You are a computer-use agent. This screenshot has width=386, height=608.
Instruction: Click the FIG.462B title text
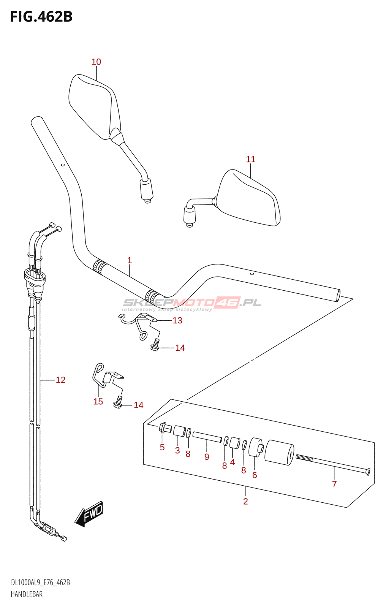pyautogui.click(x=41, y=17)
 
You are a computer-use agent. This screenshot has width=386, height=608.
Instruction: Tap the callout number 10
pyautogui.click(x=96, y=62)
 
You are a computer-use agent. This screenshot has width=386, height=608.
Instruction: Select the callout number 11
pyautogui.click(x=251, y=160)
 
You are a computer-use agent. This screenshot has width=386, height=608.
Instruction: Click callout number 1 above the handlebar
pyautogui.click(x=130, y=260)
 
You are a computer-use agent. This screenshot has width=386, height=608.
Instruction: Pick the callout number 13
pyautogui.click(x=177, y=320)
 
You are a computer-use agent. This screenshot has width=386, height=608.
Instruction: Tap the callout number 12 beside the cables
pyautogui.click(x=61, y=380)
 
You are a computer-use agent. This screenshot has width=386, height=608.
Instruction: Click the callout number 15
pyautogui.click(x=98, y=402)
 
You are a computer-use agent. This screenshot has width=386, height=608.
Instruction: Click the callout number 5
pyautogui.click(x=162, y=448)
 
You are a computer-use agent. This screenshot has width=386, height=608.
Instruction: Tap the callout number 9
pyautogui.click(x=207, y=457)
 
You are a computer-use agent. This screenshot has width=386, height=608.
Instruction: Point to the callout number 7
pyautogui.click(x=334, y=484)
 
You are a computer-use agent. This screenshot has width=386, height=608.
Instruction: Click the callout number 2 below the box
pyautogui.click(x=245, y=502)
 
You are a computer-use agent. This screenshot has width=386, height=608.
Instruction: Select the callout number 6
pyautogui.click(x=255, y=475)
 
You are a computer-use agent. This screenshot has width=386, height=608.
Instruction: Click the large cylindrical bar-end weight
pyautogui.click(x=279, y=452)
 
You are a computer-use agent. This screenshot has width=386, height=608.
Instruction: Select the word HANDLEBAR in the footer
pyautogui.click(x=27, y=594)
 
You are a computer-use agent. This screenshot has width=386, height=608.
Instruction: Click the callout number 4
pyautogui.click(x=233, y=462)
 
